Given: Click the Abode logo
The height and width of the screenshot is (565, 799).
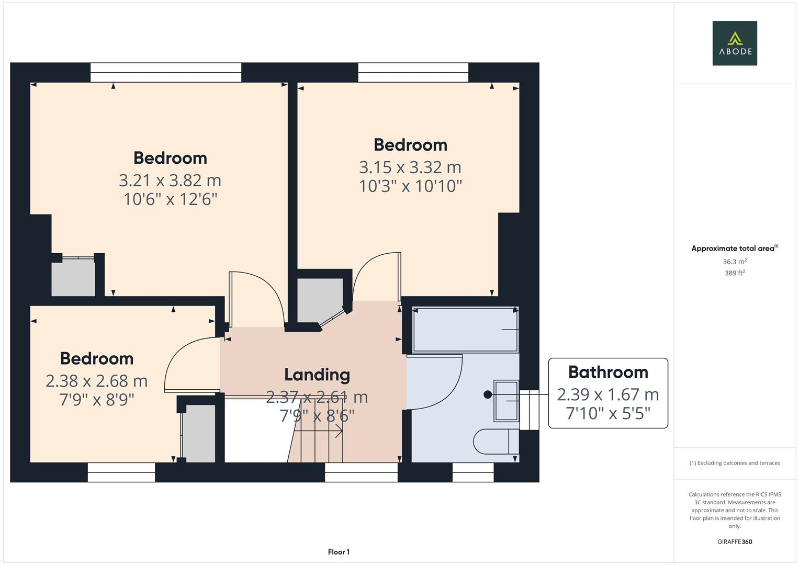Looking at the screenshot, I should tap(734, 43).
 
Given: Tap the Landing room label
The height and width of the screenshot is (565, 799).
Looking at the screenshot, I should tap(317, 375).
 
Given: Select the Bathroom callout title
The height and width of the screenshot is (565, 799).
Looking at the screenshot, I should tap(607, 372).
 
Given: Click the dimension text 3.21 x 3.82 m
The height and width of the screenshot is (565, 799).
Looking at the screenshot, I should tap(170, 180).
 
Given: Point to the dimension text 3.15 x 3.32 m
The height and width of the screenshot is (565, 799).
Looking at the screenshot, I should tap(410, 167).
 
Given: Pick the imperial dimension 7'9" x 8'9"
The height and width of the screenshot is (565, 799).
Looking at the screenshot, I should tap(96, 400).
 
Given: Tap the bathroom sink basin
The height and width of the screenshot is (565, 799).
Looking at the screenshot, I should tap(505, 401).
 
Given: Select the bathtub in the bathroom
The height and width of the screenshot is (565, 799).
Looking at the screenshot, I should tap(465, 330).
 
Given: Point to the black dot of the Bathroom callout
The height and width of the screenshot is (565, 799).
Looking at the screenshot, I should tap(488, 395).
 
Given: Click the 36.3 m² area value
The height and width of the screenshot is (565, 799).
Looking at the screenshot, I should tap(734, 262).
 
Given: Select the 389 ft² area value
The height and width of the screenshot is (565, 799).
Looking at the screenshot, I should tap(734, 273).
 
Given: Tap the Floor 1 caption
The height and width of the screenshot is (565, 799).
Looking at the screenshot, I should tap(339, 552).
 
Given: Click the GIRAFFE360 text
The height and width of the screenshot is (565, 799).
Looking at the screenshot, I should tap(734, 541).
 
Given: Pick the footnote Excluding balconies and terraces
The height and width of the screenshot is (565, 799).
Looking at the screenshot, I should tap(734, 463).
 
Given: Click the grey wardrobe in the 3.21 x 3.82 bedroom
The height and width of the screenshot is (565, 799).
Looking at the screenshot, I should tap(73, 278).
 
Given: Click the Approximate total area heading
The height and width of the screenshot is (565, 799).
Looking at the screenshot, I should tap(734, 248).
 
